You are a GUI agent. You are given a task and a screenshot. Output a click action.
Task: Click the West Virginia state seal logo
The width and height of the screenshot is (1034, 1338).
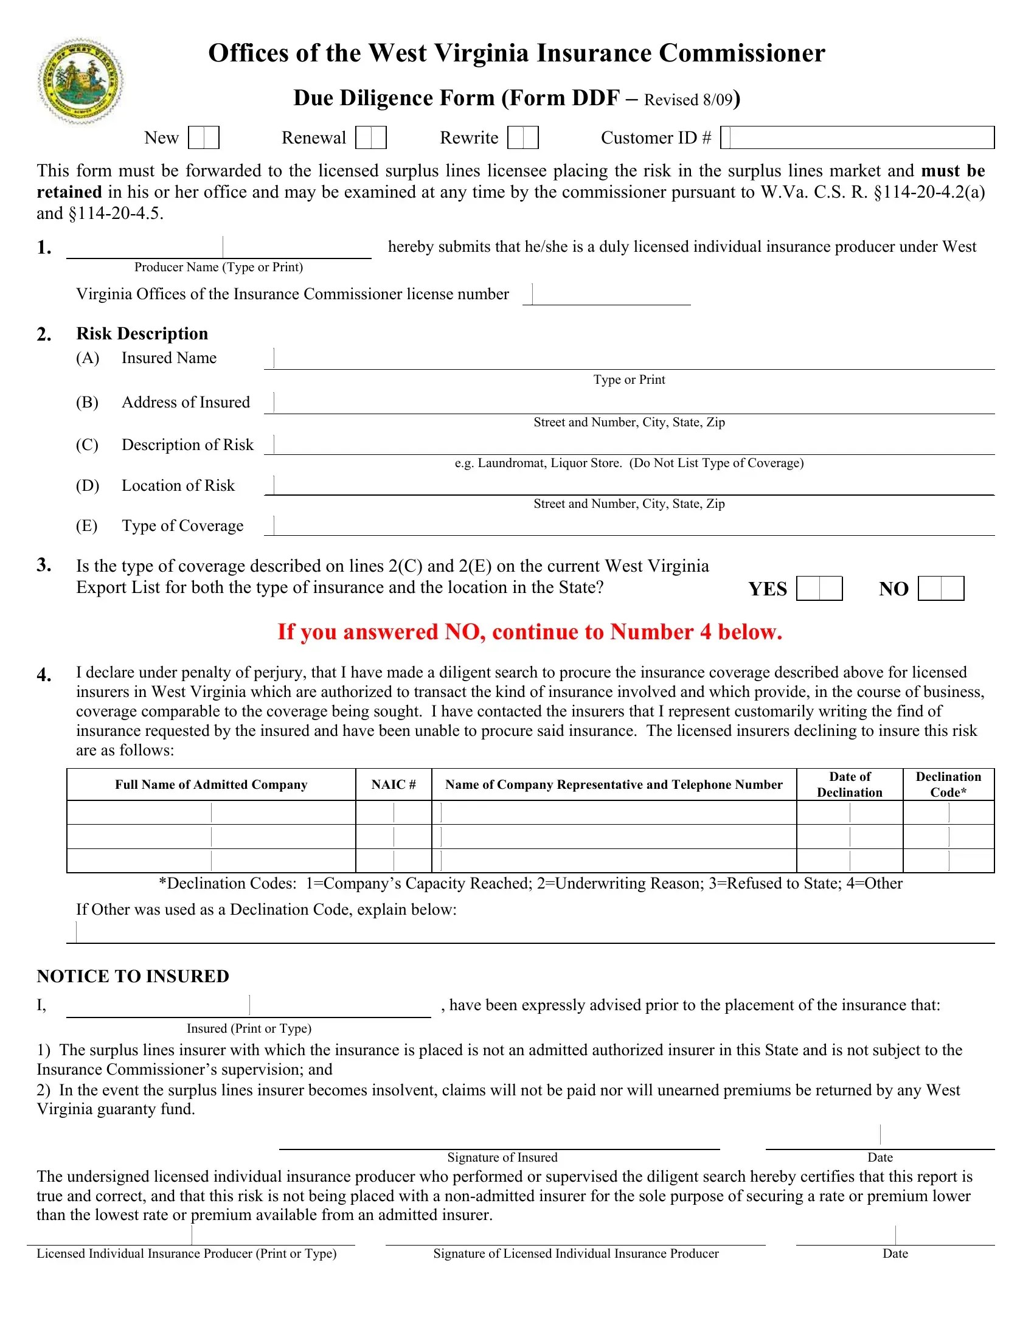pos(80,81)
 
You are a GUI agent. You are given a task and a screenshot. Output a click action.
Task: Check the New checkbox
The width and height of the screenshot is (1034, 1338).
pos(203,138)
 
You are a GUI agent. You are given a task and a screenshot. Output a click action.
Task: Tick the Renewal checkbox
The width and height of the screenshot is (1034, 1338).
pos(370,138)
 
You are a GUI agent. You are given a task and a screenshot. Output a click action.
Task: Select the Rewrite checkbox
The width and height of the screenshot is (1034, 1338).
pos(522,138)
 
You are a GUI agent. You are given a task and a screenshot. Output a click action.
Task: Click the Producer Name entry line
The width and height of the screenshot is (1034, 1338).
pos(219,248)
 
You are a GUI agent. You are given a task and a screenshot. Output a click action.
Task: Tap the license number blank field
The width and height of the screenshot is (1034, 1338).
pos(606,295)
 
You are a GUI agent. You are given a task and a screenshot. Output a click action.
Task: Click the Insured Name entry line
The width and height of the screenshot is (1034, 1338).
pos(628,358)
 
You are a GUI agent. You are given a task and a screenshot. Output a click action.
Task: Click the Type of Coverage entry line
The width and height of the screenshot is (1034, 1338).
pos(628,525)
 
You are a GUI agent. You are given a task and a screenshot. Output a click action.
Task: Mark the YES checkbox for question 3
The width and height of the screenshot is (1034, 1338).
pos(819,589)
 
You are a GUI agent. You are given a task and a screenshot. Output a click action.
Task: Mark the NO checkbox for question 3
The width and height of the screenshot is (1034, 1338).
pos(941,589)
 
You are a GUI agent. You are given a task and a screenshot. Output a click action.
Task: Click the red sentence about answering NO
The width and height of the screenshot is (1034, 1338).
pos(530,632)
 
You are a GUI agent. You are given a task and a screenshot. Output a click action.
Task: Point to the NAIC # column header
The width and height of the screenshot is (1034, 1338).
pos(394,785)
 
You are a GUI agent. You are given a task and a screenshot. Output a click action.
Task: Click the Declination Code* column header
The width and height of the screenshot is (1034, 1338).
pos(948,785)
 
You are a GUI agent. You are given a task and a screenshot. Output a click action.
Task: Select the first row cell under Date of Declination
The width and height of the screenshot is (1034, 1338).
pos(850,813)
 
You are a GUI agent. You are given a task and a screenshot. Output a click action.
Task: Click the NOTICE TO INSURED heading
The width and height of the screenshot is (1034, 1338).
pos(133,977)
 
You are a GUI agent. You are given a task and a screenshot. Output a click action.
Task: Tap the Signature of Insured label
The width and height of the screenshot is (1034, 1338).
pos(502,1157)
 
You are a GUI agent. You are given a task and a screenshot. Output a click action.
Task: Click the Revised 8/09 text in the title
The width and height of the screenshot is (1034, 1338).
pos(688,100)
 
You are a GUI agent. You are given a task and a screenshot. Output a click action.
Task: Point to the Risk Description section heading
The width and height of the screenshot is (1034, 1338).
pos(142,334)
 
